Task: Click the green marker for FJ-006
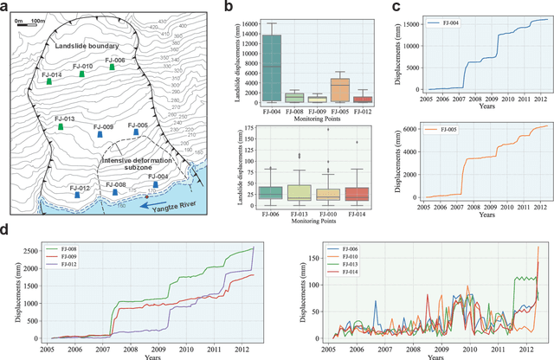[x=111, y=67]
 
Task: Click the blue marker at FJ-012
[x=77, y=195]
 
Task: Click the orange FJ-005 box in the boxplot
[x=340, y=91]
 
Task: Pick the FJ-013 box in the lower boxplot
[x=300, y=193]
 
